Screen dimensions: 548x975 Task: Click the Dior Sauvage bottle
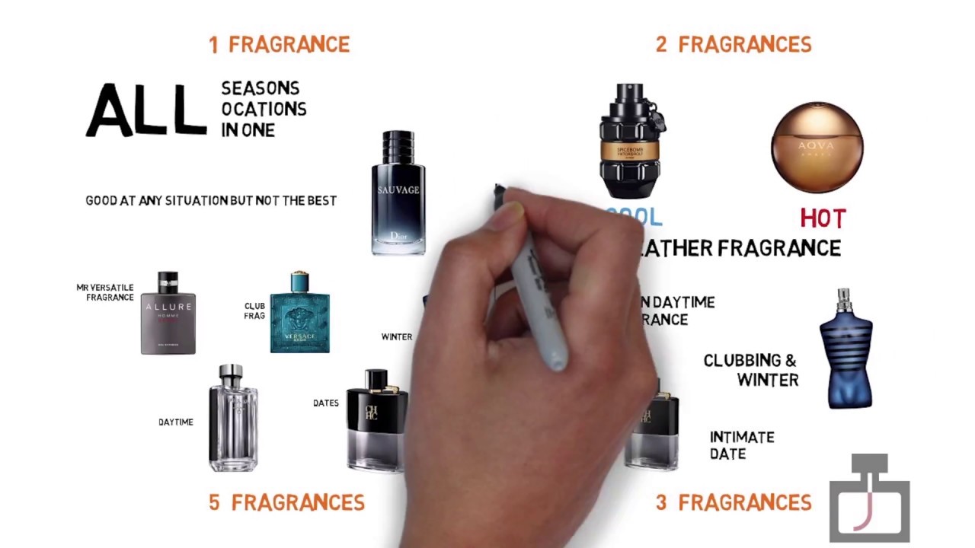398,193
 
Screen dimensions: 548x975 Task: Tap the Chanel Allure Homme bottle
168,314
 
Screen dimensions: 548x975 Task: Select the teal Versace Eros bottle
299,313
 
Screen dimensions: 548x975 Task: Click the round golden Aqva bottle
817,147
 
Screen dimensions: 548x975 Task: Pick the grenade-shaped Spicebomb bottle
631,142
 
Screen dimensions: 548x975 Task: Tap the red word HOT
823,219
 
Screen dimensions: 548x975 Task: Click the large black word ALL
145,111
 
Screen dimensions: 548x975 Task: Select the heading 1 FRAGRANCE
279,45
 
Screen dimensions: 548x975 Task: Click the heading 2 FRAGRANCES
734,45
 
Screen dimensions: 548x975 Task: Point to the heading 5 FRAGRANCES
286,502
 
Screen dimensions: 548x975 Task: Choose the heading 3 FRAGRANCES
734,502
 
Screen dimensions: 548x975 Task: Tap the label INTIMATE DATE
742,445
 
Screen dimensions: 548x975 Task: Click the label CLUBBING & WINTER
750,370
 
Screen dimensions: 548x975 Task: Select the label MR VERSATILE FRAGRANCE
105,292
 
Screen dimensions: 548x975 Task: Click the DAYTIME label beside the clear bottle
176,422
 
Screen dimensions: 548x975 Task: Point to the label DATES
326,403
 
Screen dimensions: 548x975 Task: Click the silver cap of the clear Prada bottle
232,374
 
